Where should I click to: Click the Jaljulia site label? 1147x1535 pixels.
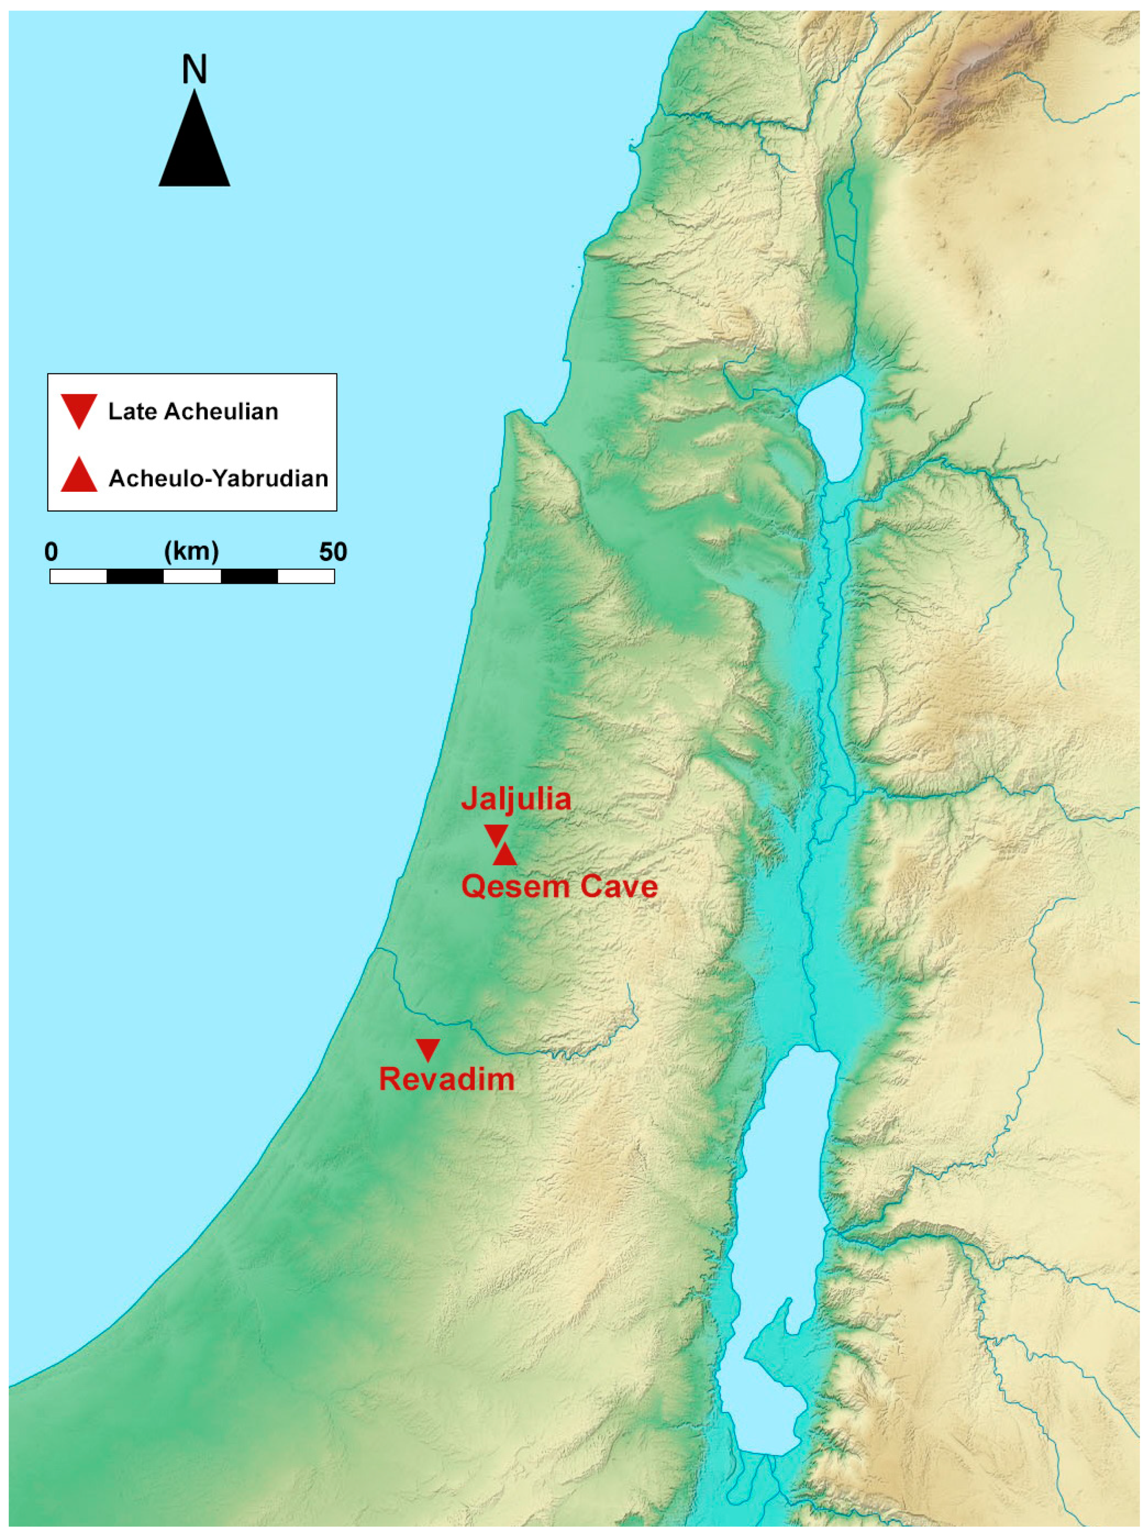tap(515, 799)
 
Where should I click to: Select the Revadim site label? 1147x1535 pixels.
tap(446, 1080)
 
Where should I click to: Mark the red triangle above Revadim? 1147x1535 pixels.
tap(427, 1049)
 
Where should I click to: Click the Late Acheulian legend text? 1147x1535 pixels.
tap(193, 411)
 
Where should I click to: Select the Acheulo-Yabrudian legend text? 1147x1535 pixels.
tap(218, 479)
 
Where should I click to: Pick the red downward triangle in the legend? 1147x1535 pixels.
tap(78, 409)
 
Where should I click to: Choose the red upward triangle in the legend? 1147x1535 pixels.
tap(78, 477)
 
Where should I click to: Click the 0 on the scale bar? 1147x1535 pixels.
tap(51, 552)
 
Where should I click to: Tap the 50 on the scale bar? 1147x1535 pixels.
tap(333, 552)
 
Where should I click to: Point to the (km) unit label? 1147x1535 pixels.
tap(192, 552)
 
